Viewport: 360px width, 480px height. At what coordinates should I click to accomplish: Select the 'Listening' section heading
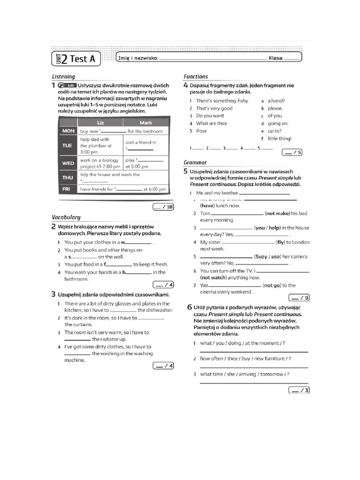63,76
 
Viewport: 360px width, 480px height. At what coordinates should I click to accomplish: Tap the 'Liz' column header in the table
100,122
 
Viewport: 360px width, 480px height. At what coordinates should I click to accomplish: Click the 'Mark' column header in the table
146,122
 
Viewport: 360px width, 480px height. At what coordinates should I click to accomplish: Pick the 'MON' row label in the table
68,131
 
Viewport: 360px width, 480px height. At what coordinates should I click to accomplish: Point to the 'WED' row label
68,163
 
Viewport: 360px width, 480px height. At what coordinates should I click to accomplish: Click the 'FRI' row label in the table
68,189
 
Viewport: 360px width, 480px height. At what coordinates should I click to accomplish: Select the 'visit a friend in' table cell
141,142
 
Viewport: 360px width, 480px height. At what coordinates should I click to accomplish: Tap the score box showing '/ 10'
163,207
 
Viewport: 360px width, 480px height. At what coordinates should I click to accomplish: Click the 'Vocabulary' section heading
66,217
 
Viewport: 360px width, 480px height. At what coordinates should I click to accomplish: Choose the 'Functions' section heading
196,76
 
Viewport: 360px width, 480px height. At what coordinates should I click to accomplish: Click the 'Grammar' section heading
195,163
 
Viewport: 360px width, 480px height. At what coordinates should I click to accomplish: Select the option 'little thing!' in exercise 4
279,138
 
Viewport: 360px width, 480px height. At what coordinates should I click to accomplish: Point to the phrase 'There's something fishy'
222,101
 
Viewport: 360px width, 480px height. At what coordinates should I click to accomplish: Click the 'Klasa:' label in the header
276,59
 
